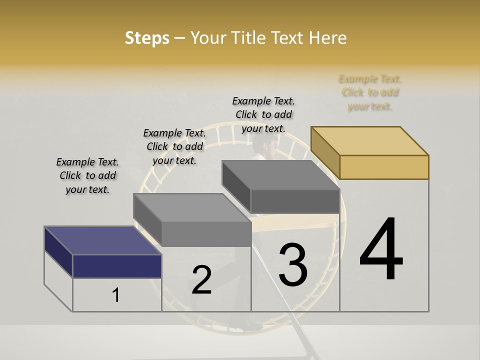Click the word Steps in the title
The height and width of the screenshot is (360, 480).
[147, 38]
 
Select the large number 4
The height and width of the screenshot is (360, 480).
[381, 249]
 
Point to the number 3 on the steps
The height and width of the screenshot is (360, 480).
[293, 264]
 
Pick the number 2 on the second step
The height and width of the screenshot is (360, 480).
[201, 280]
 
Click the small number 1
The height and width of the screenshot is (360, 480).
[116, 295]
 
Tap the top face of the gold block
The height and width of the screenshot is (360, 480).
[370, 140]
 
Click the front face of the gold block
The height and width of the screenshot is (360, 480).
[384, 166]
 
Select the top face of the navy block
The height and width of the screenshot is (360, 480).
[102, 240]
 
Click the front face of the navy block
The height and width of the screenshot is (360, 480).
[117, 266]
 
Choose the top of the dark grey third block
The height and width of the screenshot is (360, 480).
[280, 175]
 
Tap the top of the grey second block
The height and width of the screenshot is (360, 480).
[192, 207]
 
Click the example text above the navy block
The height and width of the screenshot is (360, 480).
[87, 175]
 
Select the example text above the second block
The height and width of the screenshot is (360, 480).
[174, 146]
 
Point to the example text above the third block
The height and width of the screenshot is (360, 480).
[263, 114]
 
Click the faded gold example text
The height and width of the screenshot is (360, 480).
[370, 92]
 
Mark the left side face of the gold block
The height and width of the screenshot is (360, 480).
[325, 153]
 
